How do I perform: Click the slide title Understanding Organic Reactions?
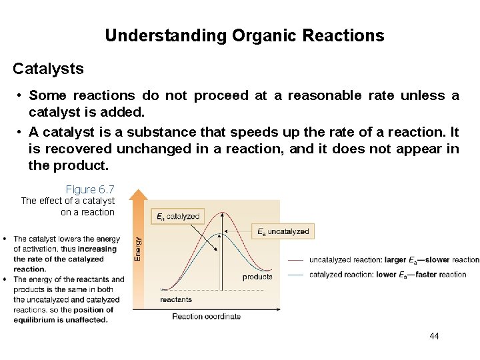pos(244,36)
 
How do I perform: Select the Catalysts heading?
pos(48,69)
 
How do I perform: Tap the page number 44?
pos(434,336)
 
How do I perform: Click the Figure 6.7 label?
pos(90,190)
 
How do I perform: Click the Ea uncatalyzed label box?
pos(283,231)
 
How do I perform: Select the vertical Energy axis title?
pos(139,249)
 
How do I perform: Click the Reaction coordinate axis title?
pos(206,317)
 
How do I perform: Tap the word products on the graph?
pos(257,277)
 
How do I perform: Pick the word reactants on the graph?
pos(176,300)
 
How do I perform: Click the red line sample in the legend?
pos(297,260)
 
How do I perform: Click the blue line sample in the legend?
pos(297,275)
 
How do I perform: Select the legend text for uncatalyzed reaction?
pos(394,260)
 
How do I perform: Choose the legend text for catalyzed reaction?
pos(387,275)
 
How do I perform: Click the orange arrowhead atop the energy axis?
pos(138,195)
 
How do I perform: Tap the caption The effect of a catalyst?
pos(68,201)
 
